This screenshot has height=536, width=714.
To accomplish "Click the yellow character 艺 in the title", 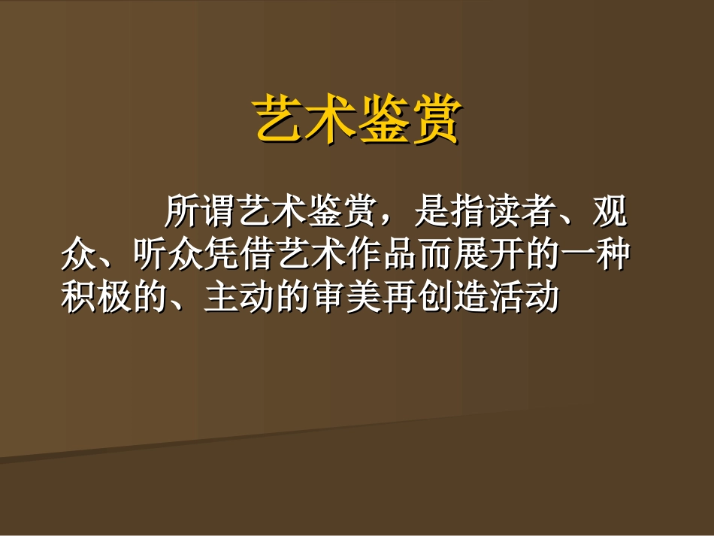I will tap(280, 119).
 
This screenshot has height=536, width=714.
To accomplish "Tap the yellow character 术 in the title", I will tap(331, 119).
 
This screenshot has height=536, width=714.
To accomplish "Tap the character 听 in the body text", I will tap(147, 256).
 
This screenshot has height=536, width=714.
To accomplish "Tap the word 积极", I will tap(95, 298).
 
